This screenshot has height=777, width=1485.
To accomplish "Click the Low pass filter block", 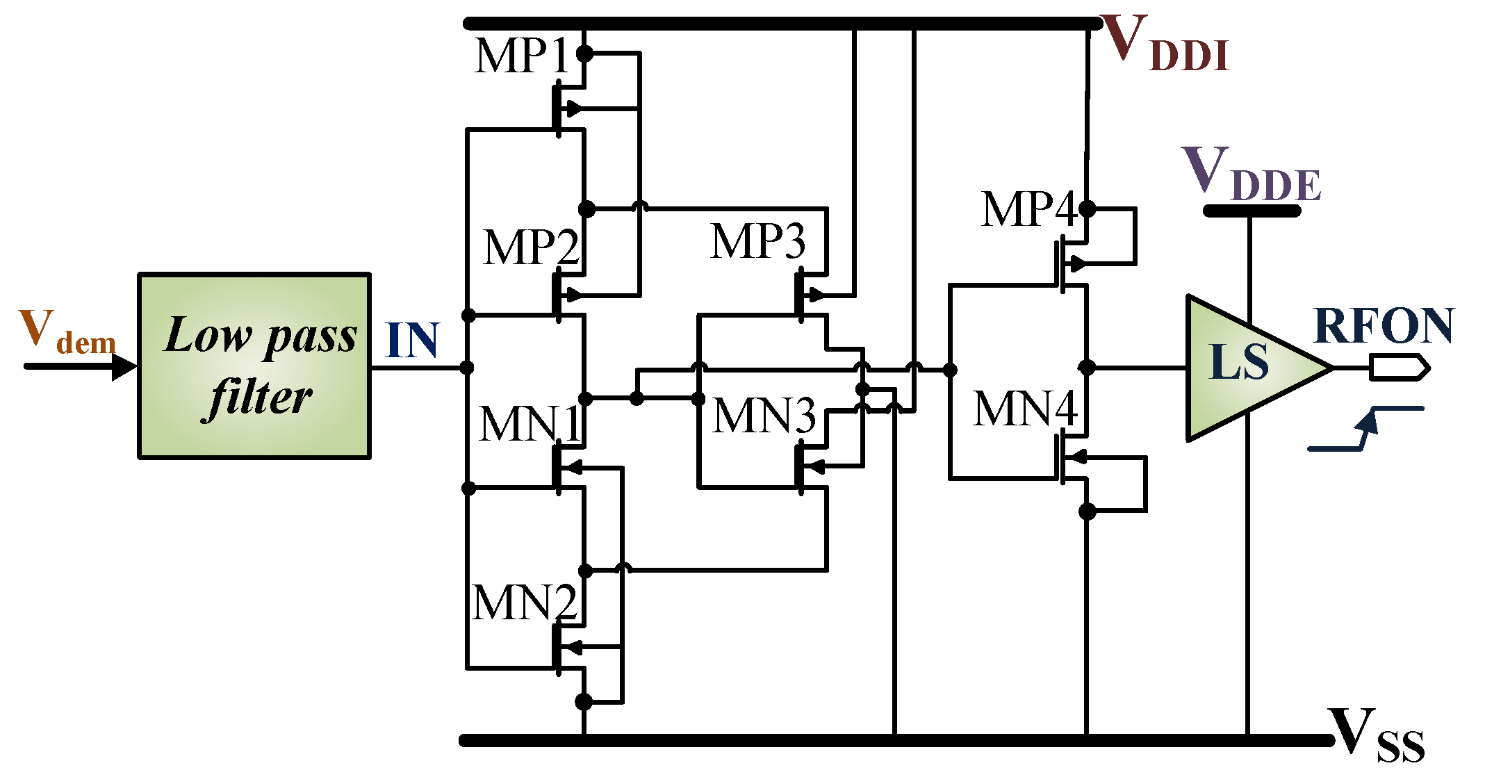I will point(254,366).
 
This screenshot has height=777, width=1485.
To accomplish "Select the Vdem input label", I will point(67,332).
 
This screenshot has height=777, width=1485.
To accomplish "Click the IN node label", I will point(412,341).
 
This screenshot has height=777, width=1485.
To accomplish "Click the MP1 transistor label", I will point(523,56).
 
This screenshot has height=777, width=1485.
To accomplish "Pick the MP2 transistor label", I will point(531,247).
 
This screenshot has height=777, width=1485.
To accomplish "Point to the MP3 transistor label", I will point(757,241).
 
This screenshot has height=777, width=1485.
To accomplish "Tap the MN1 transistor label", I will point(530,424).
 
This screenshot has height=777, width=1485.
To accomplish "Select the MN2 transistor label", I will point(524,603).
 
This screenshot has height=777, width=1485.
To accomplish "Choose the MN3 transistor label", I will point(763,416).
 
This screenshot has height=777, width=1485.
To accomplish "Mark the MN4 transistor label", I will point(1024,408).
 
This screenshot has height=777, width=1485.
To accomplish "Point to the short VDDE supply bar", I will point(1251,211).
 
